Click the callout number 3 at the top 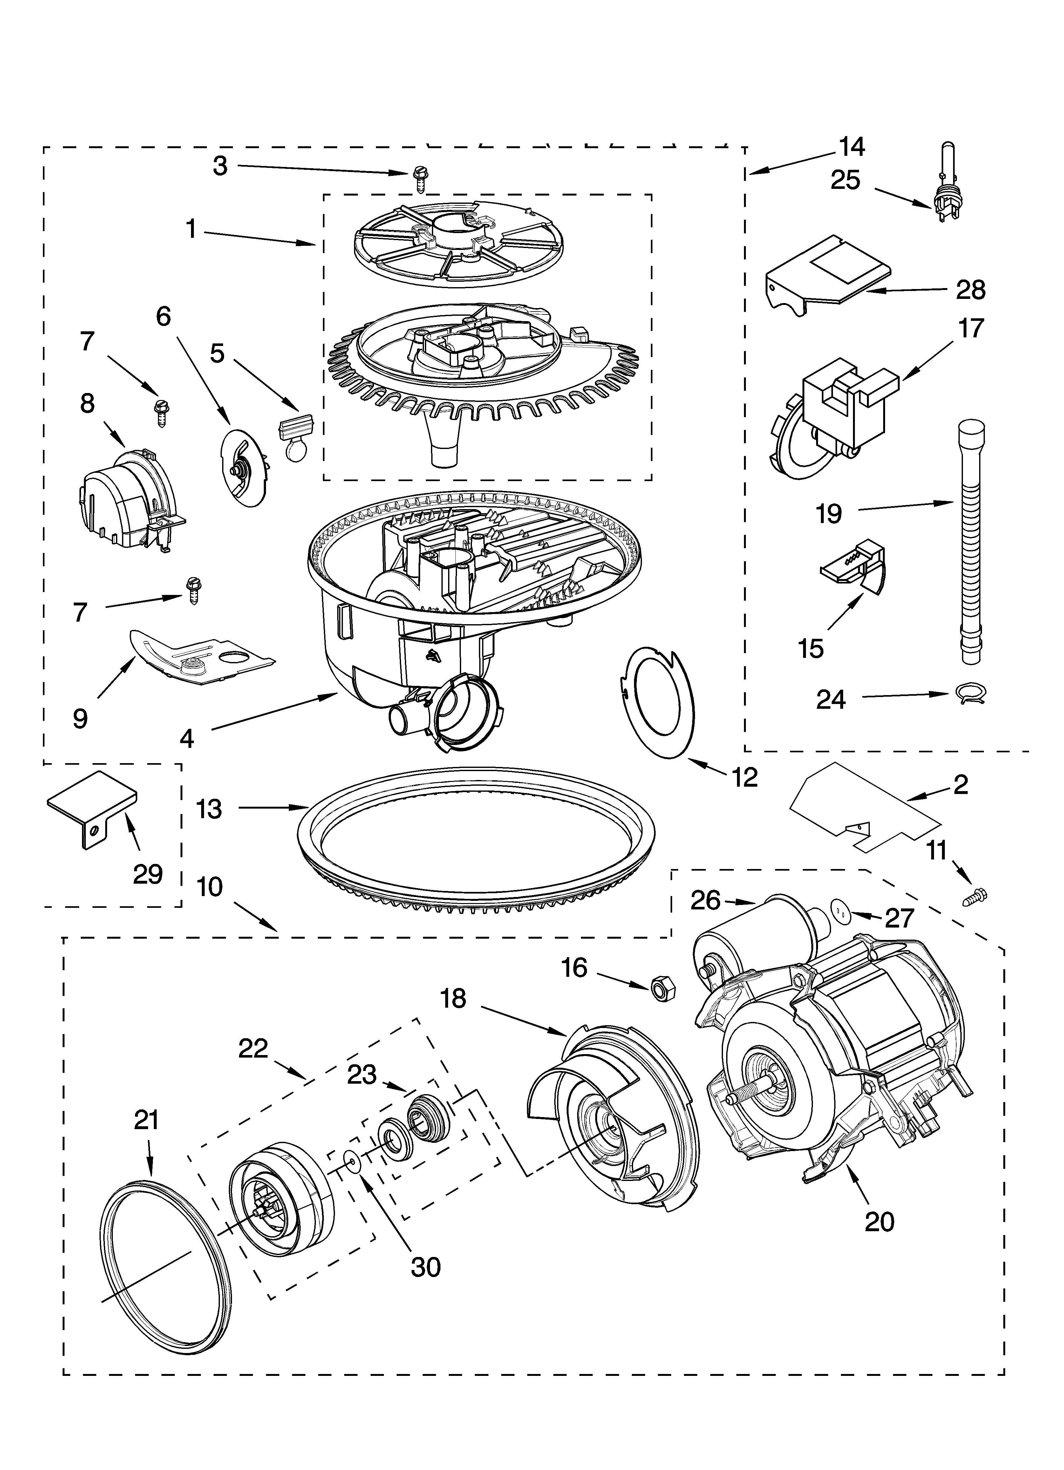pos(220,167)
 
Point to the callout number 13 pos(209,808)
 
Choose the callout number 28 pos(970,290)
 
